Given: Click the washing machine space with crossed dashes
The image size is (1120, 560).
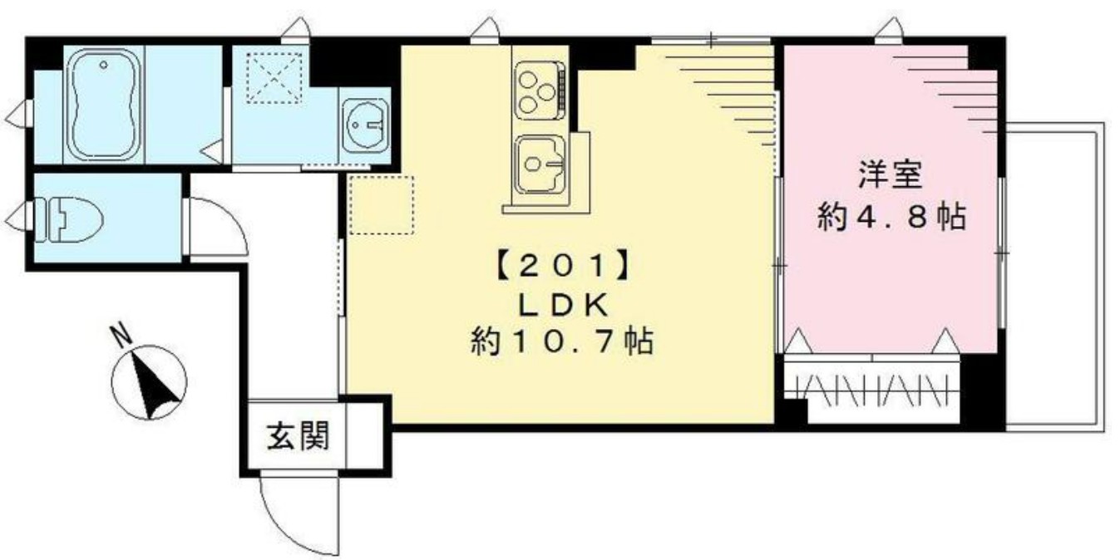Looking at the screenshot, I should tap(277, 76).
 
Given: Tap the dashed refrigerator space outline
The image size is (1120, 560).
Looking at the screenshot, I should tap(381, 204).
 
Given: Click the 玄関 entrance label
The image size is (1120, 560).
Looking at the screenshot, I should tap(296, 435).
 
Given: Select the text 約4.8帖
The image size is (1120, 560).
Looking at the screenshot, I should tap(890, 218).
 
